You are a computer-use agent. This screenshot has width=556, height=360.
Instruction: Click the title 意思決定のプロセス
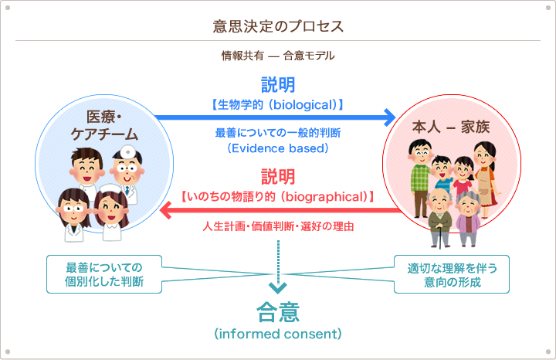point(278,26)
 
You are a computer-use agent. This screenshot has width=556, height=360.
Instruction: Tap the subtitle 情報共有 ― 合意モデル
point(278,56)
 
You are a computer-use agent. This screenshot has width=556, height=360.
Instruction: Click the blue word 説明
point(278,84)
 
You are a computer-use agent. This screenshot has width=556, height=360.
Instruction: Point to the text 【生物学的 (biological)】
point(278,104)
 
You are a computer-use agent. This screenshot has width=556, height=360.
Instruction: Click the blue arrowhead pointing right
point(388,117)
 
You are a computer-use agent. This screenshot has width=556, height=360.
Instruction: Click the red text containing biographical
point(278,196)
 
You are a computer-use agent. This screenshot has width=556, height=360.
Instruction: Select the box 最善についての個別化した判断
point(104,275)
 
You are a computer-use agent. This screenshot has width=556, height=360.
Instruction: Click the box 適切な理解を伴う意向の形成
point(452,275)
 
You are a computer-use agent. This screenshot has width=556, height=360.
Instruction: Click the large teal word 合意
point(278,312)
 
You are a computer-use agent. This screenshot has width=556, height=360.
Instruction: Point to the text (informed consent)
point(278,335)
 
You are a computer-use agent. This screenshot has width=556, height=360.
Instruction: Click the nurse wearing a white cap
point(111,209)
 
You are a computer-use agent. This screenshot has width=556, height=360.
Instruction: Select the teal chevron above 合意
point(278,288)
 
